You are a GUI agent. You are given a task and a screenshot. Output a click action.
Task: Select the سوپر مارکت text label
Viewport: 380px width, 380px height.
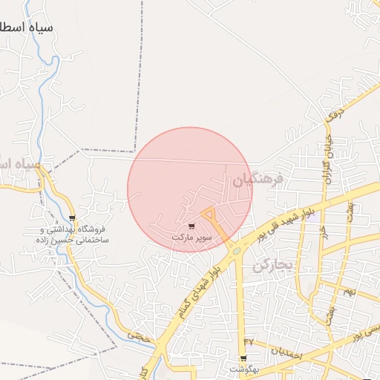click(x=192, y=237)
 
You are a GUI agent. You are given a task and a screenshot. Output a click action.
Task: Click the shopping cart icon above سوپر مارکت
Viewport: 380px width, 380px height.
click(x=192, y=226)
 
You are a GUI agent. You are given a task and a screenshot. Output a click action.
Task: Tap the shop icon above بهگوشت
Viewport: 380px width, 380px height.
click(x=243, y=358)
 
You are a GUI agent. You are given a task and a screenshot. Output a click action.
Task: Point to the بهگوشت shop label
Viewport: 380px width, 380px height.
click(x=243, y=369)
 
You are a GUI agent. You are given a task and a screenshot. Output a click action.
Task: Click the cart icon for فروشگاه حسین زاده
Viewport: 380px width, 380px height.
click(x=72, y=217)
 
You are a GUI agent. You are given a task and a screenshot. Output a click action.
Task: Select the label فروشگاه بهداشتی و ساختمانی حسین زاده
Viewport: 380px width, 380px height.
click(x=73, y=235)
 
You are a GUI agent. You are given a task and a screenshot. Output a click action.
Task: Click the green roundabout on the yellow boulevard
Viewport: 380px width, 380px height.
click(x=236, y=251)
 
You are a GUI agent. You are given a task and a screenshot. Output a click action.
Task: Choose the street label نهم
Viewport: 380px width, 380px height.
click(x=350, y=292)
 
